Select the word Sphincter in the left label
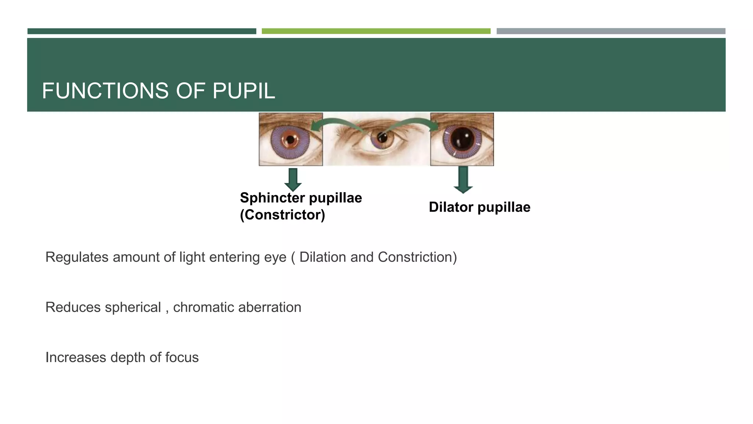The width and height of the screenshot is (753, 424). (273, 198)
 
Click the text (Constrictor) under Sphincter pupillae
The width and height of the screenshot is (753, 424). (282, 215)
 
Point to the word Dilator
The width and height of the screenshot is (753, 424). (451, 207)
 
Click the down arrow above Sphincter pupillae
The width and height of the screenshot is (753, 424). (293, 179)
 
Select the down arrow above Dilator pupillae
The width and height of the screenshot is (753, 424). (463, 179)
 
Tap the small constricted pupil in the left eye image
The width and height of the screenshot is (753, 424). (290, 140)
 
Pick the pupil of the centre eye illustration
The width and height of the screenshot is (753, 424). (382, 138)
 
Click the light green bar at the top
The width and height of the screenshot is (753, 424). (376, 31)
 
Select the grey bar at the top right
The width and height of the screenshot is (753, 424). (611, 31)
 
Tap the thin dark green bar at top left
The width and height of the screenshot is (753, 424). (142, 31)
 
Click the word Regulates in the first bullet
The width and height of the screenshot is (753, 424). (77, 257)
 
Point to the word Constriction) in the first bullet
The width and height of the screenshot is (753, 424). (417, 257)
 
